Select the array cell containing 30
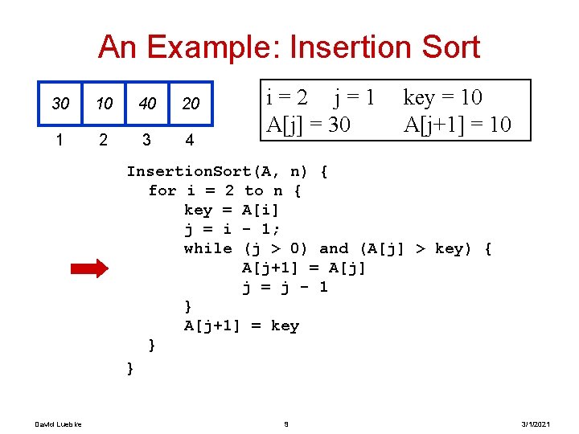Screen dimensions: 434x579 (x=60, y=104)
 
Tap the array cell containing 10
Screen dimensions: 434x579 (x=103, y=104)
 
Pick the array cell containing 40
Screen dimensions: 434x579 (x=147, y=104)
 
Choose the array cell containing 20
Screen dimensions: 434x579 (x=191, y=104)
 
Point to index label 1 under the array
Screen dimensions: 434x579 (x=60, y=140)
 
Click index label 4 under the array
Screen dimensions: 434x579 (x=189, y=140)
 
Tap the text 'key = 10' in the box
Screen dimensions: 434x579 (x=442, y=98)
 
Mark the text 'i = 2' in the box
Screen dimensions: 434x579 (x=286, y=98)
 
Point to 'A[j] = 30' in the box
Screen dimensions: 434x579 (x=308, y=125)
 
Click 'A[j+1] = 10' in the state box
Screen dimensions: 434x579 (x=457, y=125)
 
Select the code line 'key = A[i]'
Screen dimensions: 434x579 (x=232, y=210)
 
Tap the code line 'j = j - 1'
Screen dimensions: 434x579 (x=285, y=287)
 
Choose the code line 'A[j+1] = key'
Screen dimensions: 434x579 (x=241, y=325)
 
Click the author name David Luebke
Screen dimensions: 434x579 (x=52, y=424)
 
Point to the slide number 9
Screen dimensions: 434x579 (x=287, y=424)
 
